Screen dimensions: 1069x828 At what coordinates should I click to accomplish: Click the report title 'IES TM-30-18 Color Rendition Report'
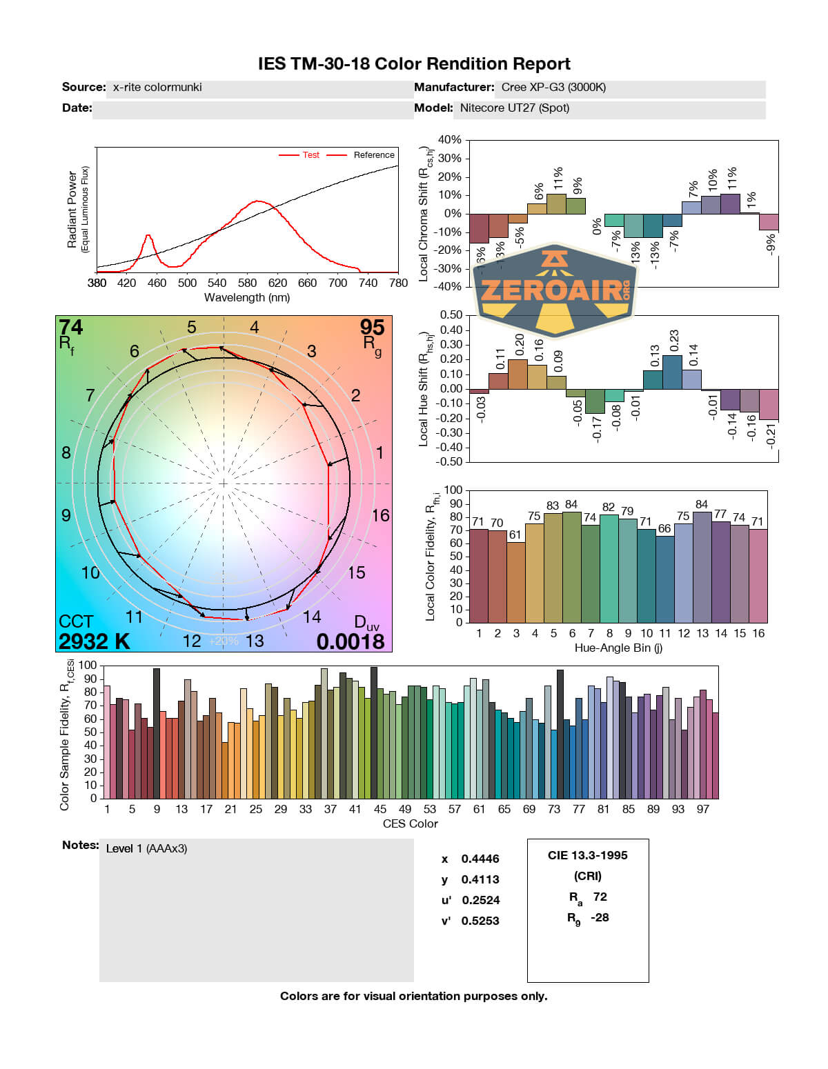coord(414,64)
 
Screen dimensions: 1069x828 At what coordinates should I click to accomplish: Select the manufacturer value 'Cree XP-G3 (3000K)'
coord(553,88)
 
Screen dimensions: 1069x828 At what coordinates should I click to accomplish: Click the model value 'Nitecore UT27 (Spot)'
coord(514,108)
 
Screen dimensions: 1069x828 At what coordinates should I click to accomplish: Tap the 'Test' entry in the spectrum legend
coord(310,155)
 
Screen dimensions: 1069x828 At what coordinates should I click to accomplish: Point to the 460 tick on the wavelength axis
coord(157,283)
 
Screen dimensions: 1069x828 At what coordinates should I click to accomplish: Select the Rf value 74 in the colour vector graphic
coord(70,328)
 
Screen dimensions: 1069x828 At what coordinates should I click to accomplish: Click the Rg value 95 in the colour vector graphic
coord(372,328)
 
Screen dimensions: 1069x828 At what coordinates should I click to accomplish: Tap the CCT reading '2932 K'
coord(94,641)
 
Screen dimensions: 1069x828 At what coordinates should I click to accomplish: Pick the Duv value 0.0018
coord(351,641)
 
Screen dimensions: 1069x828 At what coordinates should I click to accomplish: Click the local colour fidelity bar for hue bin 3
coord(515,582)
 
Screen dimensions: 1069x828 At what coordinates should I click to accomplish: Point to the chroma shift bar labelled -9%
coord(769,222)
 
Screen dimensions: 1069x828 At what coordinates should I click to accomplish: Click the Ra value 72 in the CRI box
coord(600,897)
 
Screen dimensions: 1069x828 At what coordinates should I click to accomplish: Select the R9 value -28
coord(600,917)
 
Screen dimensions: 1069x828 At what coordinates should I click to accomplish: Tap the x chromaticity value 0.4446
coord(480,859)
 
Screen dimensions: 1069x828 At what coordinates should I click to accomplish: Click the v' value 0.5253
coord(480,921)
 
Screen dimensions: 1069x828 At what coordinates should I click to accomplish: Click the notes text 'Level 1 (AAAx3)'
coord(146,848)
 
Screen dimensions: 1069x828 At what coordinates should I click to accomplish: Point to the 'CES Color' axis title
coord(410,823)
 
